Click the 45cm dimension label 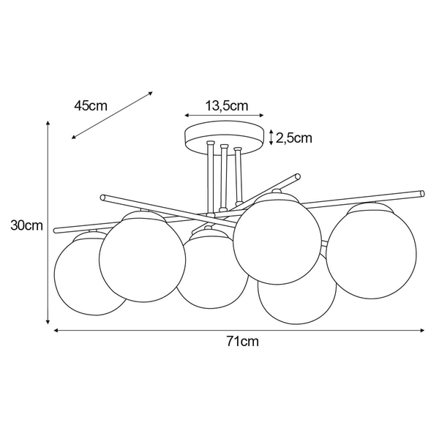click(x=91, y=105)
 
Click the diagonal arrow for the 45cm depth click(x=112, y=116)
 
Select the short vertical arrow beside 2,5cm click(x=272, y=137)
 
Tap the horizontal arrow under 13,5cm click(x=224, y=116)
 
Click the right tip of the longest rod click(x=421, y=194)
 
